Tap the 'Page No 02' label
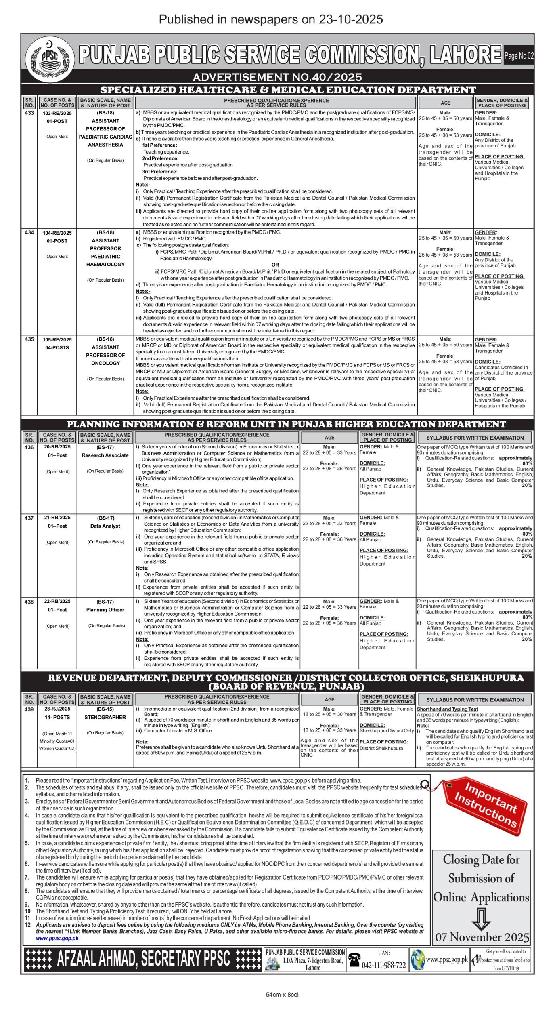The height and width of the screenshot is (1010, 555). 519,56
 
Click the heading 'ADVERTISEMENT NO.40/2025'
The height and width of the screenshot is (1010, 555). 277,77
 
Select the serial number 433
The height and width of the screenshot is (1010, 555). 29,113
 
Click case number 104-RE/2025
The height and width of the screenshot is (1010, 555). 57,233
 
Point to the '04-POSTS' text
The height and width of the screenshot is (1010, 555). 57,347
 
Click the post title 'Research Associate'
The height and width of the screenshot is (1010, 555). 105,455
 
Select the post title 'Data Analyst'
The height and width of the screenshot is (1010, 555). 105,526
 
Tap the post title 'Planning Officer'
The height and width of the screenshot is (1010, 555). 105,610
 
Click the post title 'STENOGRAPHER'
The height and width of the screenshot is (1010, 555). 105,717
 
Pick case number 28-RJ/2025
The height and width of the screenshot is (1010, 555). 57,709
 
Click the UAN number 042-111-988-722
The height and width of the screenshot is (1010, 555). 383,964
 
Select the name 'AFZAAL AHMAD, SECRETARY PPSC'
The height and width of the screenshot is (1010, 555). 143,958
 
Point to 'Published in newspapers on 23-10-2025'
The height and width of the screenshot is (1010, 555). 271,19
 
